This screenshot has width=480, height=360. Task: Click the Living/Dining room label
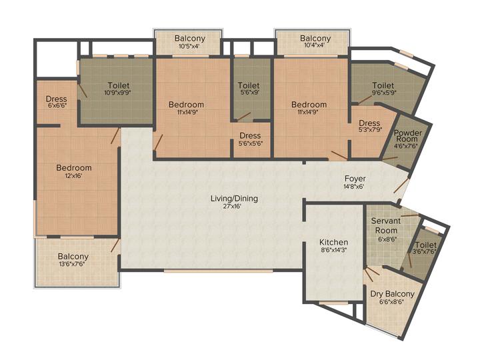coord(234,198)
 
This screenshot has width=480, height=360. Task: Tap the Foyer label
coord(354,179)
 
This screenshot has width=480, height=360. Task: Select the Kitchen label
coord(333,241)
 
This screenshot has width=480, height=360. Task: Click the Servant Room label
coord(385,225)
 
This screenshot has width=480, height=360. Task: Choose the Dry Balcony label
coord(392,294)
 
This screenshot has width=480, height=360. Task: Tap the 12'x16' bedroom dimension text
coord(74,177)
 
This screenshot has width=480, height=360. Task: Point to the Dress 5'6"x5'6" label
coord(250,140)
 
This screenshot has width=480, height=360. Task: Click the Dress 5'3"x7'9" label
coord(369,127)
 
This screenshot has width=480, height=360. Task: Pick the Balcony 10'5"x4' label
coord(190,43)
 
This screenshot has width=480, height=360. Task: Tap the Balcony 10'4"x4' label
coord(315,43)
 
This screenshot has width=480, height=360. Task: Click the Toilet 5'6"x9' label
coord(249,89)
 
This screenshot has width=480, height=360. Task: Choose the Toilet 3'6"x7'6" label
coord(425,249)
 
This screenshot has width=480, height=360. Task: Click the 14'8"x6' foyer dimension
coord(355,187)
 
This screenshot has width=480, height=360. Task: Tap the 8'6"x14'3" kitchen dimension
coord(333,250)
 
